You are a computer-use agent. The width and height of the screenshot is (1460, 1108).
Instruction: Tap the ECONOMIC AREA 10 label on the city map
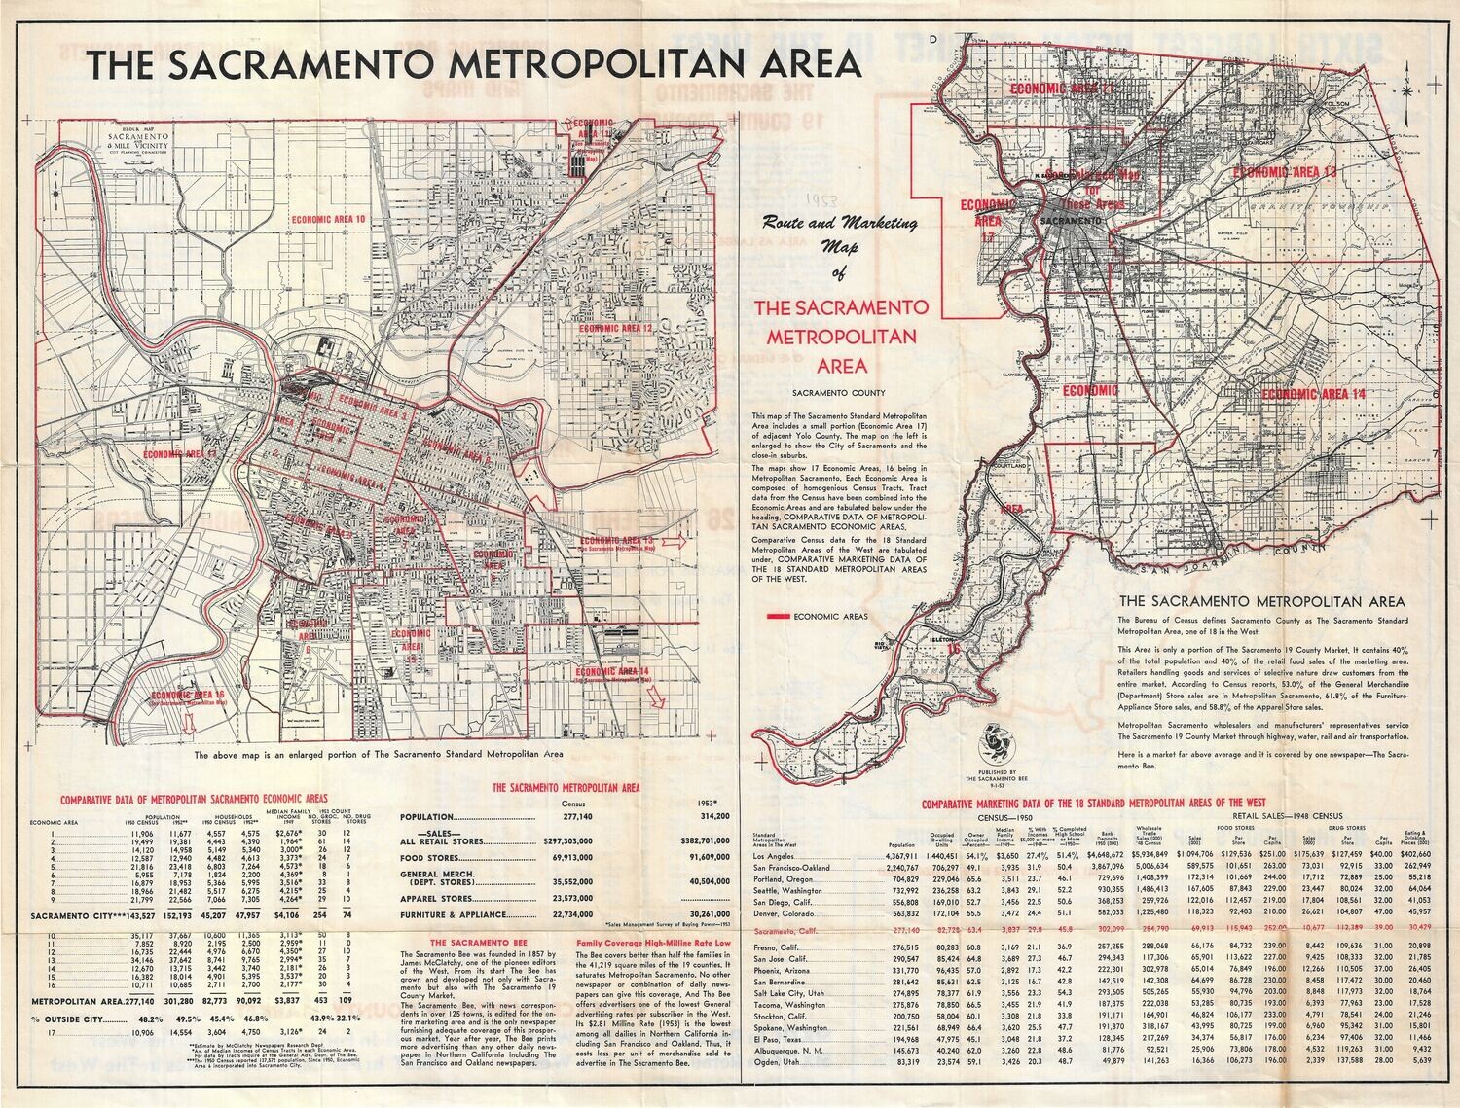point(328,220)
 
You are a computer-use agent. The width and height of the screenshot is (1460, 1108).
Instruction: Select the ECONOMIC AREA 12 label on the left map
point(614,329)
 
